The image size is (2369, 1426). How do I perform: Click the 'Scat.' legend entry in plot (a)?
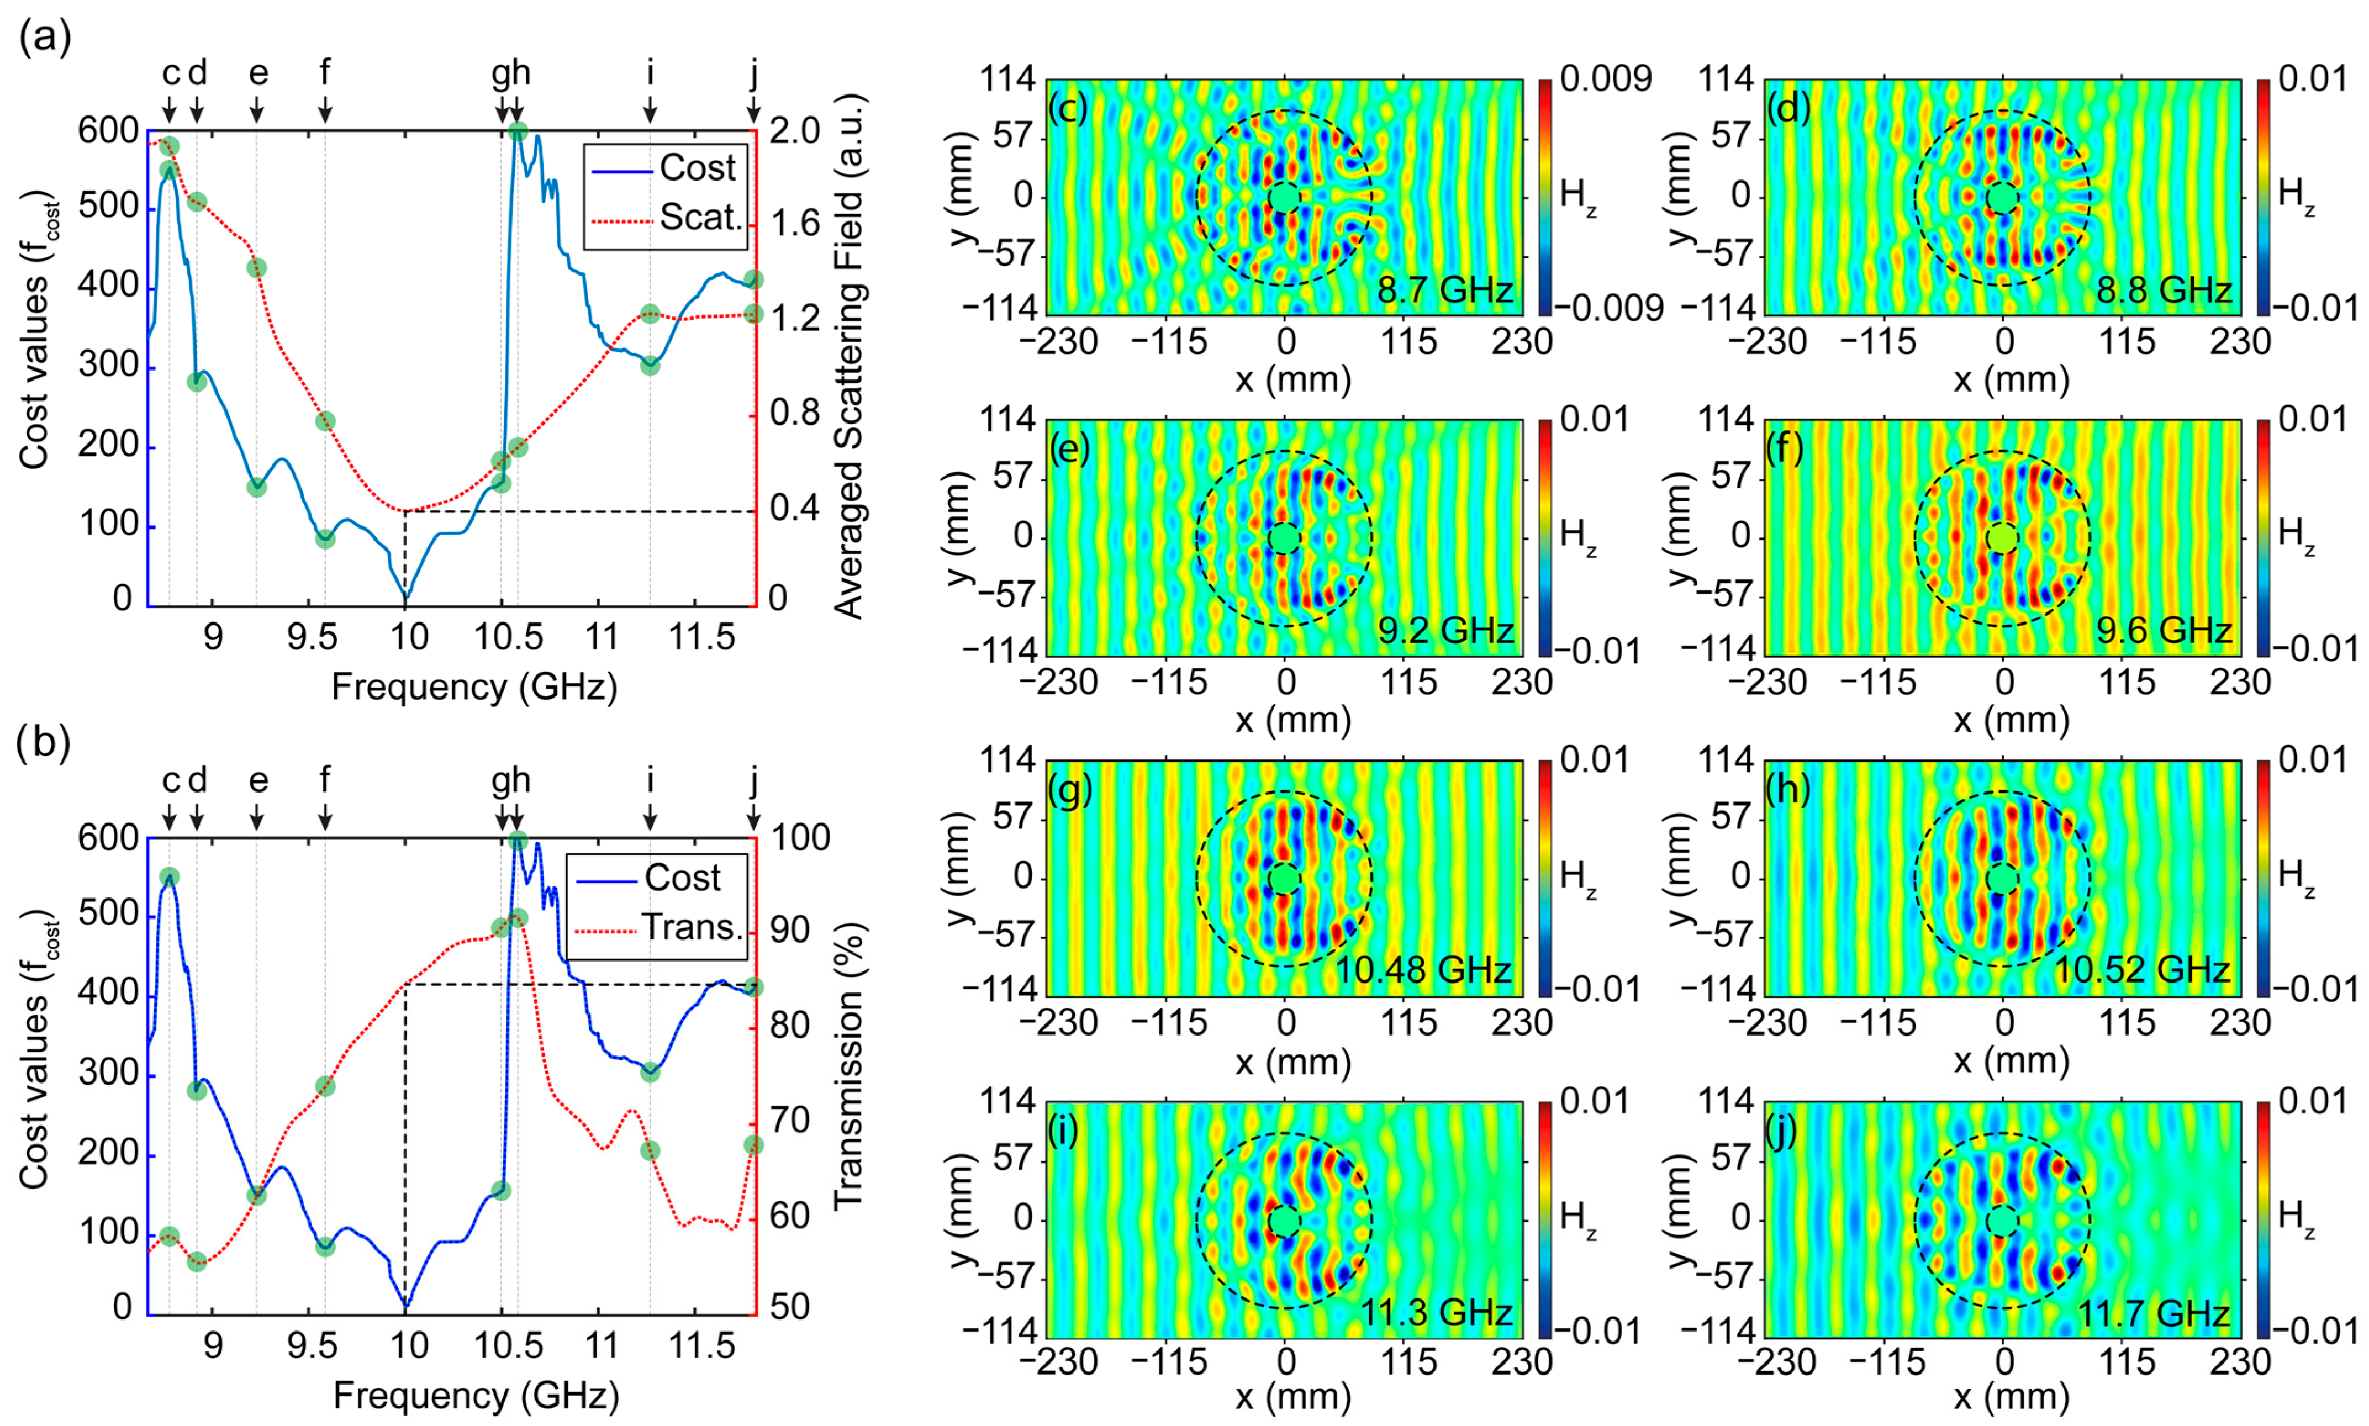(700, 217)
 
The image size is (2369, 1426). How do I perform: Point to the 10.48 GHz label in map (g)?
(1423, 970)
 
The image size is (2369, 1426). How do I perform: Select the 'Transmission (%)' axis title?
(848, 1066)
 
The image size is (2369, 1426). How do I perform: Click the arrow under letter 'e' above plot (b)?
(257, 818)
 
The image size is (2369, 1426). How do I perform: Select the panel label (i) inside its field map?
(1067, 1133)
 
